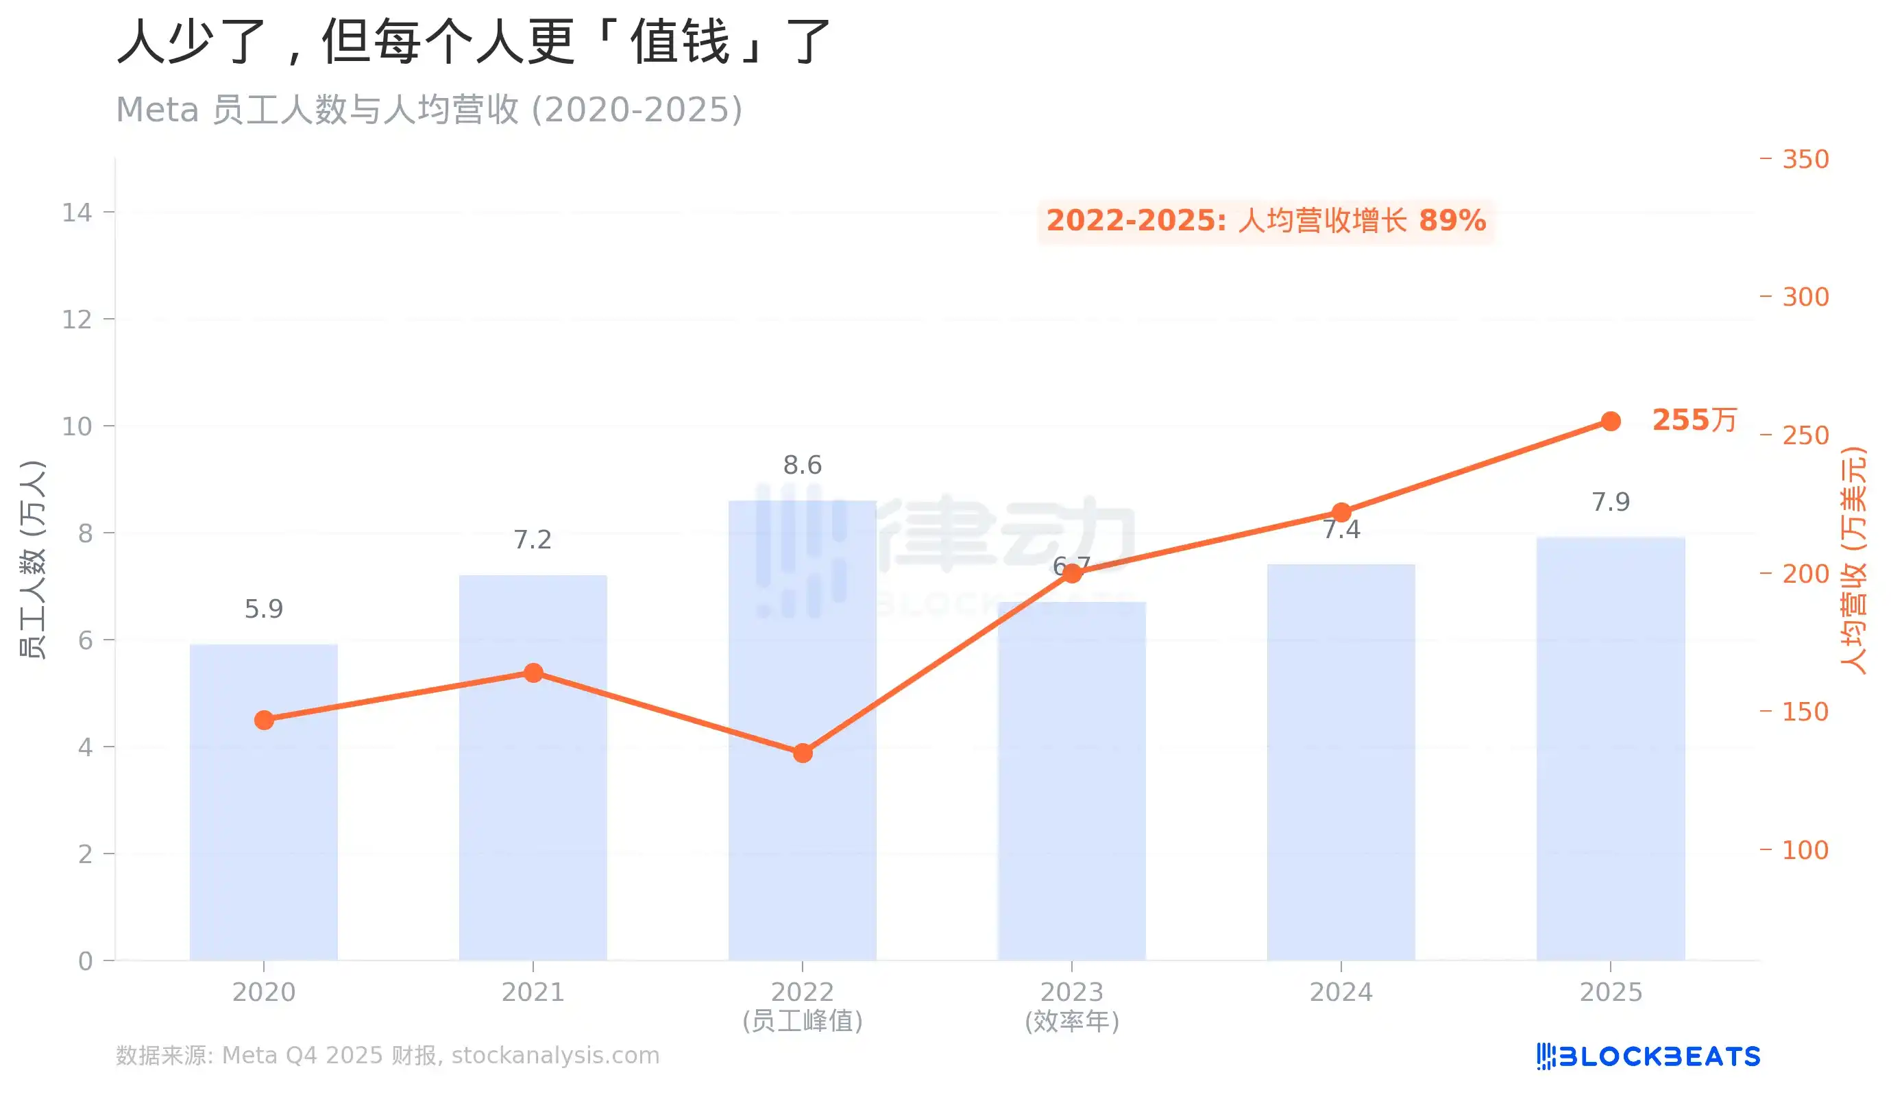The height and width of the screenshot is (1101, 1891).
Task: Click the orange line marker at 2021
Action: pyautogui.click(x=533, y=673)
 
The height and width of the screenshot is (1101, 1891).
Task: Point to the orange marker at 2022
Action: pyautogui.click(x=802, y=753)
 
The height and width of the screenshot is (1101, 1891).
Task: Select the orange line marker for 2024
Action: pyautogui.click(x=1341, y=513)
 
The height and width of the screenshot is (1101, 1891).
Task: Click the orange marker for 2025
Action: pyautogui.click(x=1611, y=421)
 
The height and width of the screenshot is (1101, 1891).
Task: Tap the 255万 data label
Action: pyautogui.click(x=1694, y=420)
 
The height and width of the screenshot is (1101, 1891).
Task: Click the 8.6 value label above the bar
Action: pyautogui.click(x=802, y=465)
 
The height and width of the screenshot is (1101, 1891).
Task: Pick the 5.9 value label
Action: pyautogui.click(x=263, y=609)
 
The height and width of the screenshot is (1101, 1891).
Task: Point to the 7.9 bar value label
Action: pyautogui.click(x=1611, y=501)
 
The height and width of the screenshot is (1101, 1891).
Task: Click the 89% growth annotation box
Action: pyautogui.click(x=1266, y=221)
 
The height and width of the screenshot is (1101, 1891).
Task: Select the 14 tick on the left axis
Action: pyautogui.click(x=77, y=213)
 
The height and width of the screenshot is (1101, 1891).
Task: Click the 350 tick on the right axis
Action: pyautogui.click(x=1805, y=159)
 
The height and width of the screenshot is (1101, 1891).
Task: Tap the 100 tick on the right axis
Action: pyautogui.click(x=1805, y=849)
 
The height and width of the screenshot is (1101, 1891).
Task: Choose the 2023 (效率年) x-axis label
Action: pyautogui.click(x=1071, y=1006)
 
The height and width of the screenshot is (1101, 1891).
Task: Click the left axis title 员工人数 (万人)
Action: pyautogui.click(x=32, y=560)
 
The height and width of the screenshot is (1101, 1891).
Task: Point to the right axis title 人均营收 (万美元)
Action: pyautogui.click(x=1853, y=560)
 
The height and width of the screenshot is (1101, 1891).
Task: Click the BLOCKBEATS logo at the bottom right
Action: pyautogui.click(x=1648, y=1056)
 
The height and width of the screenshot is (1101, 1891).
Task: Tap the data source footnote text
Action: pyautogui.click(x=387, y=1055)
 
